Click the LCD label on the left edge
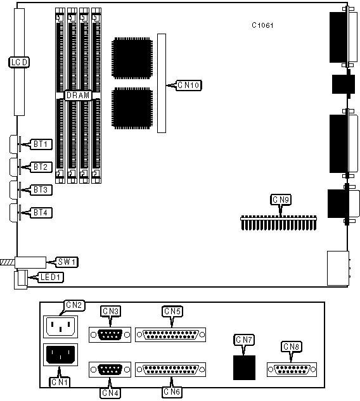click(x=19, y=62)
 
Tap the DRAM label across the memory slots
click(x=78, y=96)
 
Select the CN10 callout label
click(x=189, y=85)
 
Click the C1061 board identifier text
click(x=262, y=25)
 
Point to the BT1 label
click(x=41, y=144)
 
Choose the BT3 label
click(x=41, y=190)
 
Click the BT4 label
click(x=41, y=213)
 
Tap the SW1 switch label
click(x=67, y=262)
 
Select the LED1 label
click(x=51, y=277)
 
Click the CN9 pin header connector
click(x=279, y=223)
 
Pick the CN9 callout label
click(x=281, y=200)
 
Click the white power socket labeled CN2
click(x=60, y=327)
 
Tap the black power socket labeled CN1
click(x=60, y=355)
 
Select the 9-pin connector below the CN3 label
click(x=110, y=334)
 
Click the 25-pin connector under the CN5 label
click(x=170, y=334)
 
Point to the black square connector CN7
click(x=244, y=367)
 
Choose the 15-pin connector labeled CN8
click(x=292, y=369)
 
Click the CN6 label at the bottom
click(x=172, y=392)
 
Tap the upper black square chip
click(x=132, y=58)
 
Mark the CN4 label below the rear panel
click(x=110, y=393)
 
